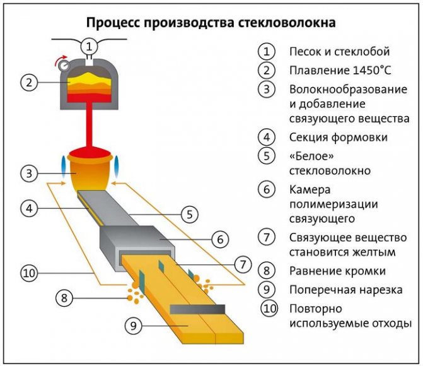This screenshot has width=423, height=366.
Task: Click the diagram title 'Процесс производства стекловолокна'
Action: pos(211,22)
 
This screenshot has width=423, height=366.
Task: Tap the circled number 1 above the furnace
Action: pos(90,45)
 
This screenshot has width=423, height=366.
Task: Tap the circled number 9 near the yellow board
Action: pos(133,326)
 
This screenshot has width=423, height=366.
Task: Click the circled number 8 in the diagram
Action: pos(63,297)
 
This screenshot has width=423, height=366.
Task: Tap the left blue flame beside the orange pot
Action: pos(64,163)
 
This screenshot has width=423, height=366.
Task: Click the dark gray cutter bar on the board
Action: pos(197,309)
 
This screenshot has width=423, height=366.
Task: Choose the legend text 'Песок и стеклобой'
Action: pos(339,51)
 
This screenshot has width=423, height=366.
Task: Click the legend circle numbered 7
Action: pos(268,239)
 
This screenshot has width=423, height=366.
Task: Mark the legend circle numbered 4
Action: pos(268,137)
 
